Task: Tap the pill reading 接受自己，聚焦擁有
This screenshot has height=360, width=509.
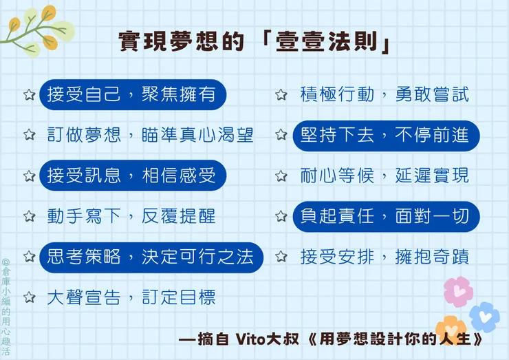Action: click(132, 95)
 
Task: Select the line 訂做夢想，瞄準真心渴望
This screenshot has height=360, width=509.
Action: click(150, 134)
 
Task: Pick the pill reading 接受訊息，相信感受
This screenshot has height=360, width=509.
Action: click(132, 176)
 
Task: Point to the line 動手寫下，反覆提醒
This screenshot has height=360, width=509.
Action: click(131, 215)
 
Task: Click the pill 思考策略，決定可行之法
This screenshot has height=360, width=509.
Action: click(151, 257)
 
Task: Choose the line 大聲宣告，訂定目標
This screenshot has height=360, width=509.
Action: click(131, 297)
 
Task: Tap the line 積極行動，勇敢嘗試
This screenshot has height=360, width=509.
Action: click(385, 95)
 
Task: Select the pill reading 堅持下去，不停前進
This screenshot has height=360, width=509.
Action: click(385, 135)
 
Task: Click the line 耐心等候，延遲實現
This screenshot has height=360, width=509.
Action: click(385, 176)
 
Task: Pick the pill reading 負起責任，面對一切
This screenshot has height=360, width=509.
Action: click(385, 216)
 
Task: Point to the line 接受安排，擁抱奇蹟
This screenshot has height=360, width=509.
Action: click(385, 257)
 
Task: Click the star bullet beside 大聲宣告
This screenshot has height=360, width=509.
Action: click(29, 298)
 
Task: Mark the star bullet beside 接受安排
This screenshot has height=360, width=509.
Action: click(281, 257)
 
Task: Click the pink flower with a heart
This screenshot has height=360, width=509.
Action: click(457, 291)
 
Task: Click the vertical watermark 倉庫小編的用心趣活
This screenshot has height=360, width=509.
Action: click(6, 307)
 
